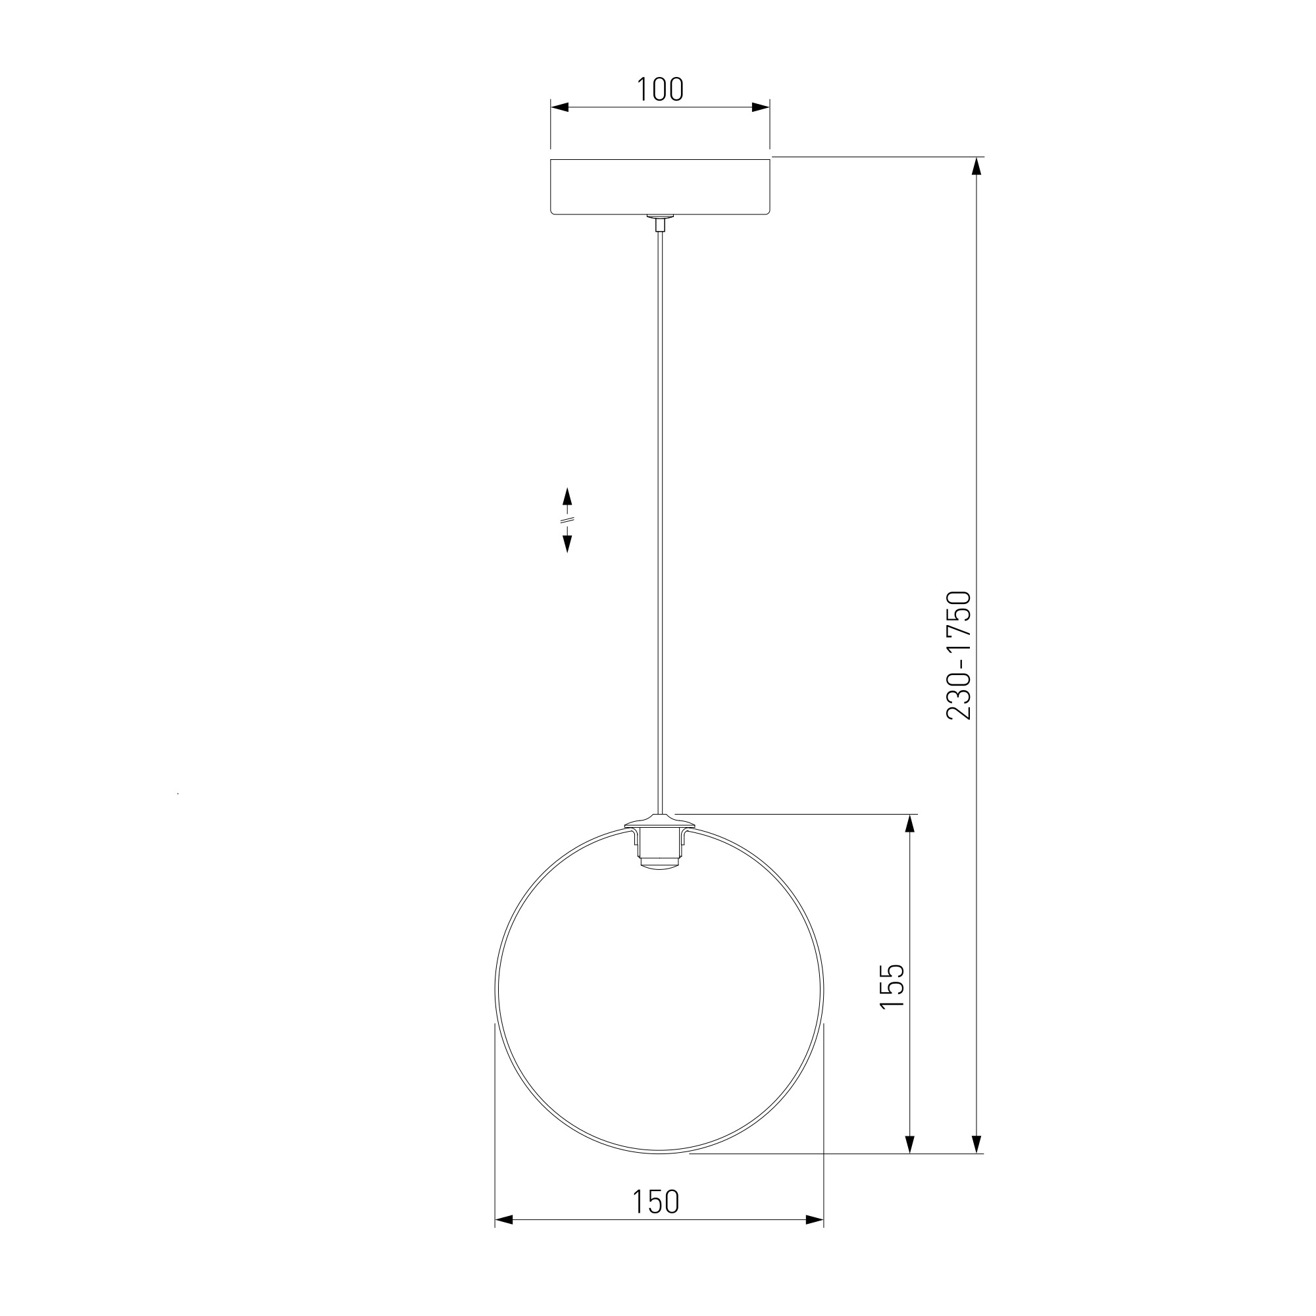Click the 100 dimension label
(x=659, y=89)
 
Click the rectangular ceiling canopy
(x=659, y=188)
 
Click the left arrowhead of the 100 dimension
(x=559, y=107)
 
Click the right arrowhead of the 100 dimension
(x=761, y=107)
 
